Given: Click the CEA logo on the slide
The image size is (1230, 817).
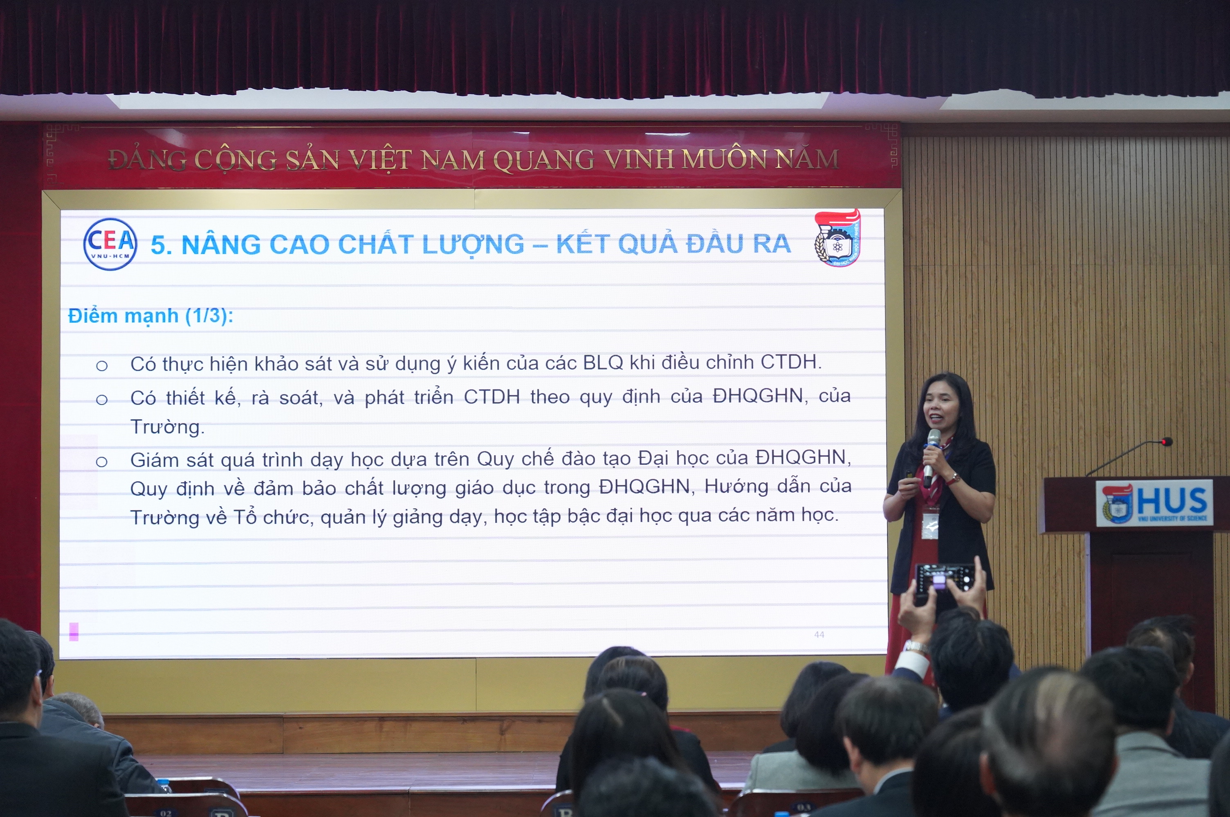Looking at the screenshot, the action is [110, 244].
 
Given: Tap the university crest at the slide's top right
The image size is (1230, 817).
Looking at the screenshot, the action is [837, 238].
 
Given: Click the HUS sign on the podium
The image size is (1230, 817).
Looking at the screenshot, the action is [1154, 503].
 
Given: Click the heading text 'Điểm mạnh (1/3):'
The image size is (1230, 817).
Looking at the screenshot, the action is [151, 316].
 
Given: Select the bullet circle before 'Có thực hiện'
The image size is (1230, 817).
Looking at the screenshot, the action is [102, 366].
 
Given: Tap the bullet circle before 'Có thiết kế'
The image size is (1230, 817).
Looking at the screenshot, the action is [102, 400].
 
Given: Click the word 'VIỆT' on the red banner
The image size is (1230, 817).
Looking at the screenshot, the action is [381, 159].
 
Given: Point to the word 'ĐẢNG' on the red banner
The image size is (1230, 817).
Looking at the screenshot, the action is [147, 159].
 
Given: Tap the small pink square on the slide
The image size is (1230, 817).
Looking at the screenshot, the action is [74, 632].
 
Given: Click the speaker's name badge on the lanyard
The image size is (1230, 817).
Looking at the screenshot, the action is [930, 526].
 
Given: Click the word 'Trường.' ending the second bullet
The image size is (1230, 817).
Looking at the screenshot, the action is [167, 427].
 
